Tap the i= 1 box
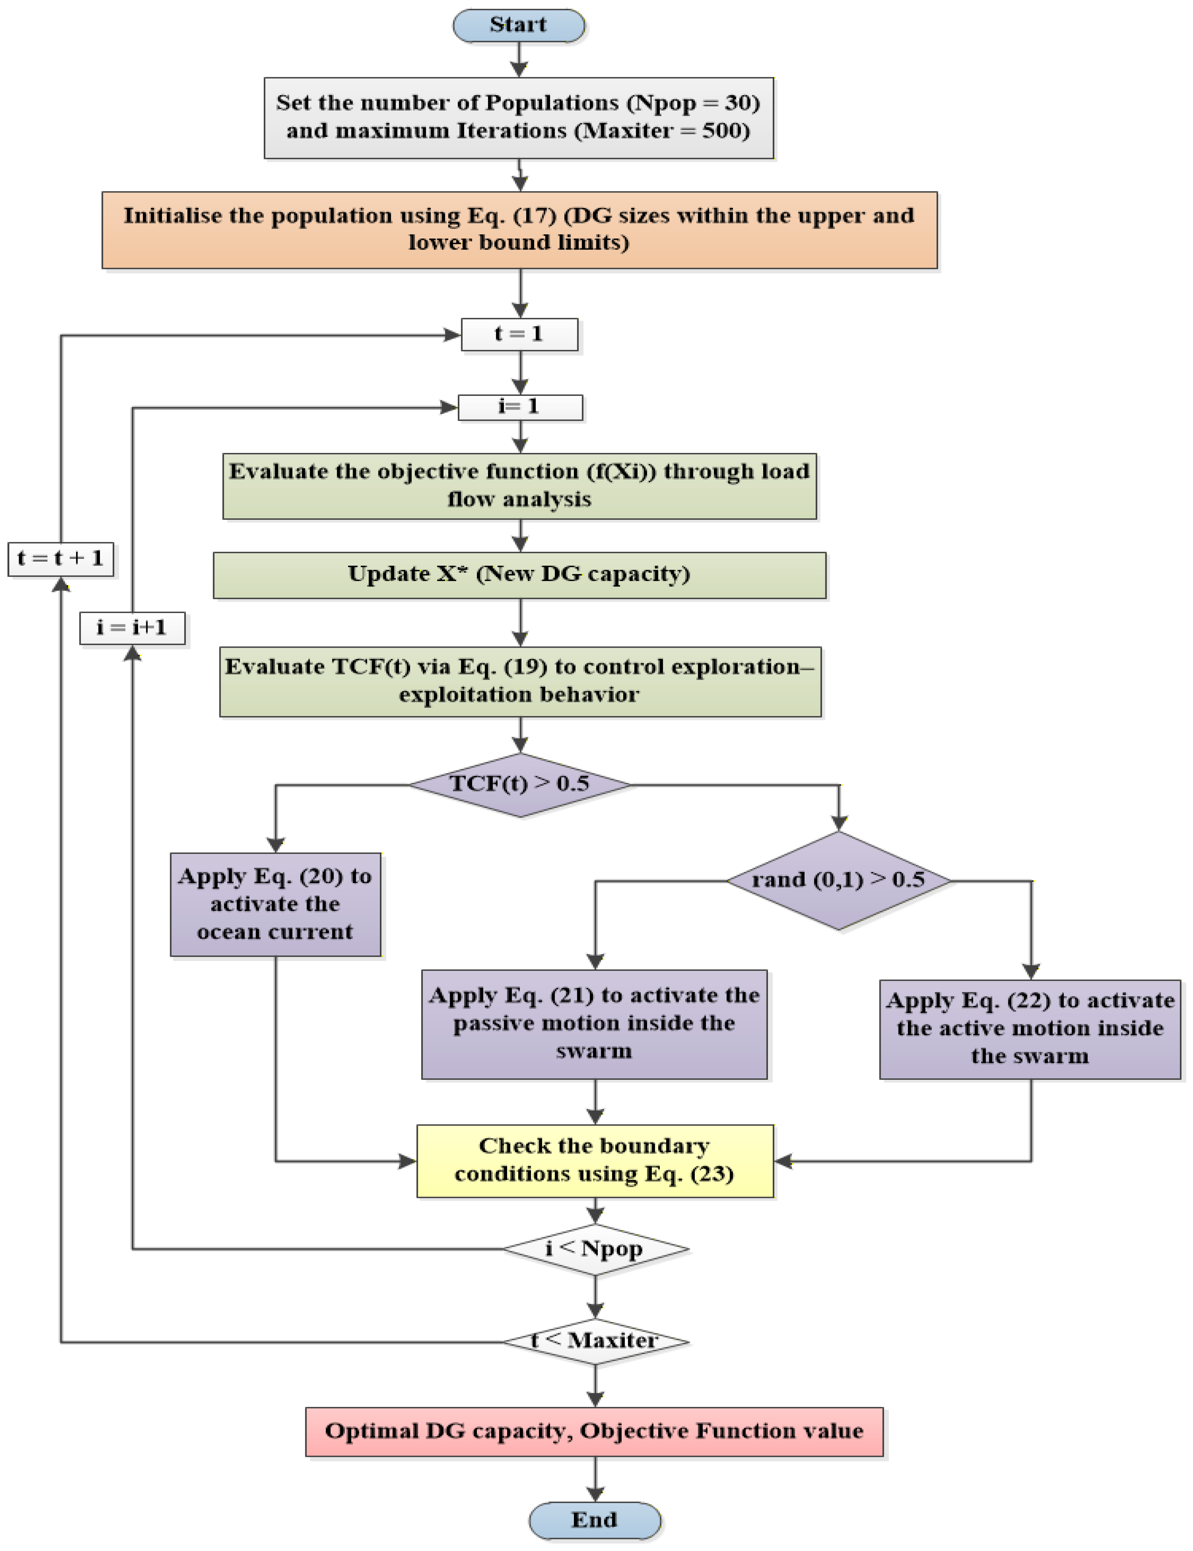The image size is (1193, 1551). [521, 407]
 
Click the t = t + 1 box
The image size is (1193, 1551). [61, 559]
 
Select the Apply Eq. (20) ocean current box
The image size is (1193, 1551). [275, 904]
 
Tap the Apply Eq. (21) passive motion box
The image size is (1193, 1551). [594, 1023]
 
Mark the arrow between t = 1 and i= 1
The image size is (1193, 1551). [521, 373]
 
